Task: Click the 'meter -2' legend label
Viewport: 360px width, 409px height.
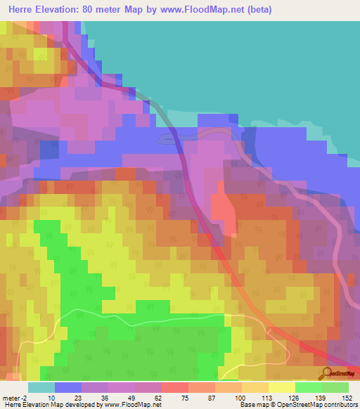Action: tap(15, 397)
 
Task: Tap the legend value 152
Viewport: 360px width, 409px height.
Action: tap(346, 397)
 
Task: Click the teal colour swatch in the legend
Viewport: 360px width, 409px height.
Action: tap(41, 387)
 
